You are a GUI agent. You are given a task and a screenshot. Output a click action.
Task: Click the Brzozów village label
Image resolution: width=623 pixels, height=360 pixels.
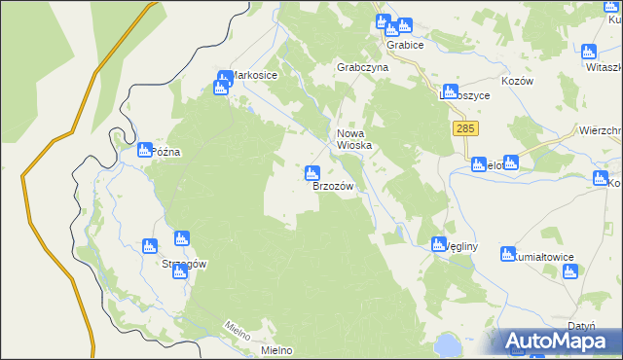pyautogui.click(x=332, y=186)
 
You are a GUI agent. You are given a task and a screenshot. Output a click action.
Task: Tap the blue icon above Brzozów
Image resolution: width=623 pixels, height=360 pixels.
pyautogui.click(x=311, y=174)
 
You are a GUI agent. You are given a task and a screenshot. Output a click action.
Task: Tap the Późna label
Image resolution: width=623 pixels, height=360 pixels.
pyautogui.click(x=166, y=153)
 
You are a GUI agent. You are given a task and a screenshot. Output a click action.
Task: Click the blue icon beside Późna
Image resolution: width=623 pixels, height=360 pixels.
pyautogui.click(x=144, y=150)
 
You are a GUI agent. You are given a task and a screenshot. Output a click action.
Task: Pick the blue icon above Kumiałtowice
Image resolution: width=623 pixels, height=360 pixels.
pyautogui.click(x=507, y=254)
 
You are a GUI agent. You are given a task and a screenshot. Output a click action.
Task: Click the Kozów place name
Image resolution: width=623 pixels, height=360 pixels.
pyautogui.click(x=518, y=82)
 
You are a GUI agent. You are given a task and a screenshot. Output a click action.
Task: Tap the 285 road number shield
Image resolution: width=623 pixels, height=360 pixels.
pyautogui.click(x=464, y=128)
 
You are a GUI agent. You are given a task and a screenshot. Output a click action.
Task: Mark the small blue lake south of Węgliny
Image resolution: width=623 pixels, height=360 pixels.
pyautogui.click(x=447, y=343)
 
